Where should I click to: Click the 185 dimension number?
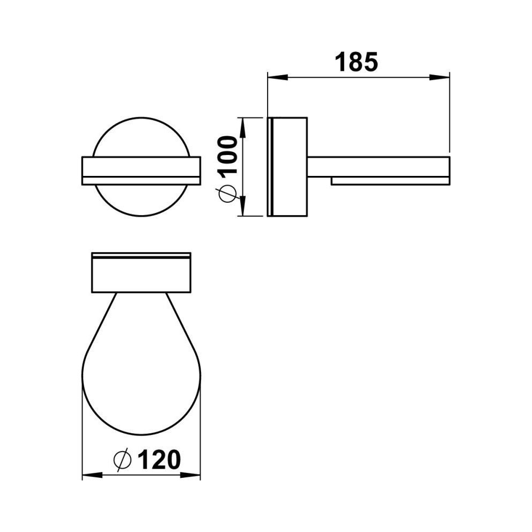click(356, 62)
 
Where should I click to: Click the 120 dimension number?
click(159, 460)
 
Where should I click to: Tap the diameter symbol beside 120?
click(122, 460)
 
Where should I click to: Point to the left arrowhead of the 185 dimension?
click(278, 77)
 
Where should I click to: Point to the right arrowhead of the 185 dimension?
click(439, 77)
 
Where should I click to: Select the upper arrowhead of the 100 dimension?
click(242, 128)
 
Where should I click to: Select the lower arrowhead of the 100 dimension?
click(242, 205)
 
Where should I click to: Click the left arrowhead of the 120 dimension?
click(93, 475)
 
